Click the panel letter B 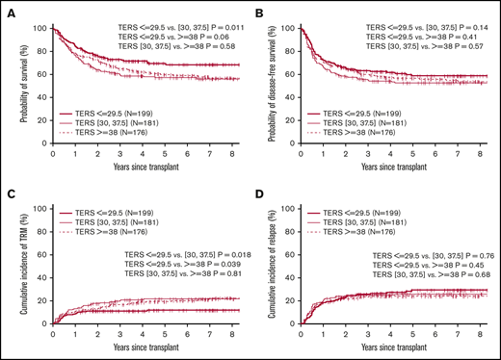pyautogui.click(x=262, y=12)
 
